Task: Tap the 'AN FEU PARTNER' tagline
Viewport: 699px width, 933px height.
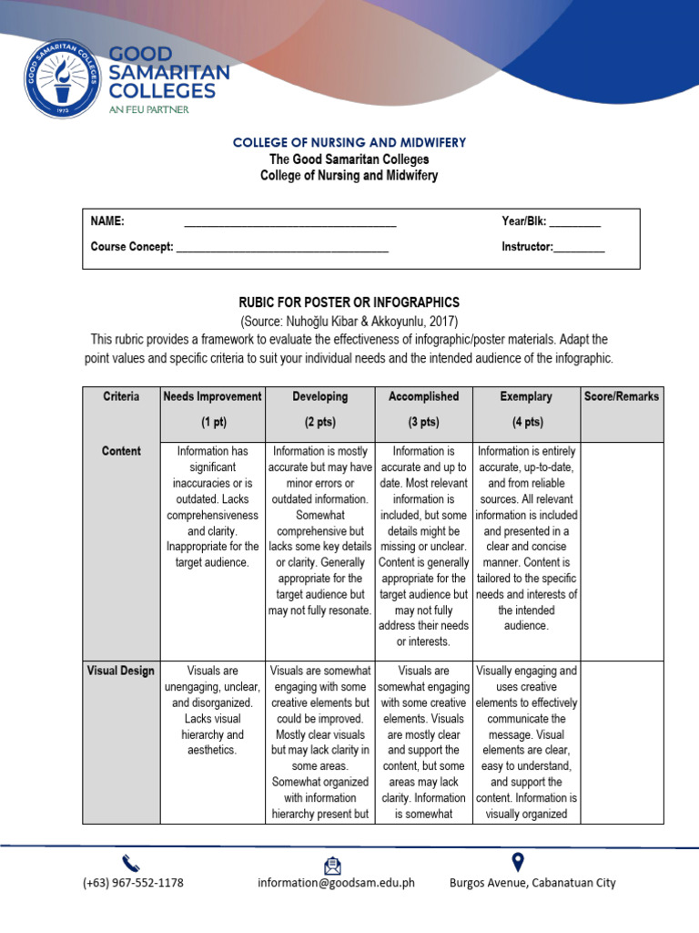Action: point(148,108)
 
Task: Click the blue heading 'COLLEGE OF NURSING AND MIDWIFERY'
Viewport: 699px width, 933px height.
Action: point(349,143)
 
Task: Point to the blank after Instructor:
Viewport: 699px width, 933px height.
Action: point(579,247)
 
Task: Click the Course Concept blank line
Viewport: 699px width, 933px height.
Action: point(282,247)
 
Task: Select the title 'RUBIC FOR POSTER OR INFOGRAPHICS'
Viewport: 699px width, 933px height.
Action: point(349,302)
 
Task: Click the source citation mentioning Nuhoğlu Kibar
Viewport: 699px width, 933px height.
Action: point(349,322)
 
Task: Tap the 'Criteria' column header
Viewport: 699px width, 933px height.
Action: point(121,397)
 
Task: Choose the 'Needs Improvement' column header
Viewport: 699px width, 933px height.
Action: point(212,397)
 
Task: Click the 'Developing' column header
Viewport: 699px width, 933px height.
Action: point(320,397)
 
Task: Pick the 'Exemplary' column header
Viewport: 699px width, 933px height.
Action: point(526,397)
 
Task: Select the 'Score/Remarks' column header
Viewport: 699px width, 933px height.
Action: point(622,397)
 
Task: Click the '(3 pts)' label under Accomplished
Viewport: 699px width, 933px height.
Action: point(423,423)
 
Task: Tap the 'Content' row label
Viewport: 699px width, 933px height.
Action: point(121,451)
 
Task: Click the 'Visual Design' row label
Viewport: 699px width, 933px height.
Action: point(121,672)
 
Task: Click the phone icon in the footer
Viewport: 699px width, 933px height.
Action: point(131,862)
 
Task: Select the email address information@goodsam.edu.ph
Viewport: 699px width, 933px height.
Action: point(336,883)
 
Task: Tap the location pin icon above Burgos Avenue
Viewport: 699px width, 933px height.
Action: point(519,861)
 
